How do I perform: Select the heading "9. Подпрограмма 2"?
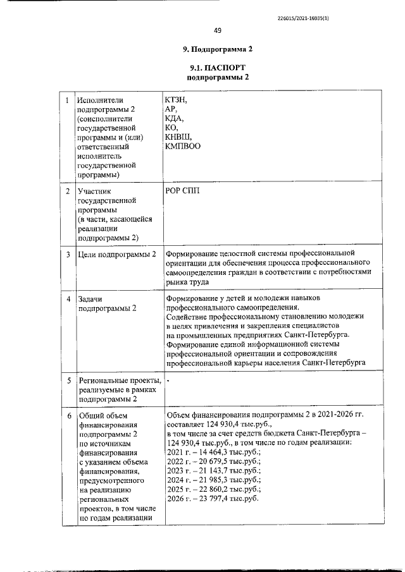pos(209,49)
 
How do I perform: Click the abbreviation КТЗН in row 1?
pos(177,99)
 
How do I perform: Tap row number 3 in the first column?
pos(68,255)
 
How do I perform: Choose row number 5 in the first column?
pos(68,380)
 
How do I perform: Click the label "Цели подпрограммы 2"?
pos(116,255)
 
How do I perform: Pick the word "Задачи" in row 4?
pos(90,298)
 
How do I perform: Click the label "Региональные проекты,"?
pos(120,381)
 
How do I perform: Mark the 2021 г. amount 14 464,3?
pos(213,453)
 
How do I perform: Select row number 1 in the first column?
pos(68,100)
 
